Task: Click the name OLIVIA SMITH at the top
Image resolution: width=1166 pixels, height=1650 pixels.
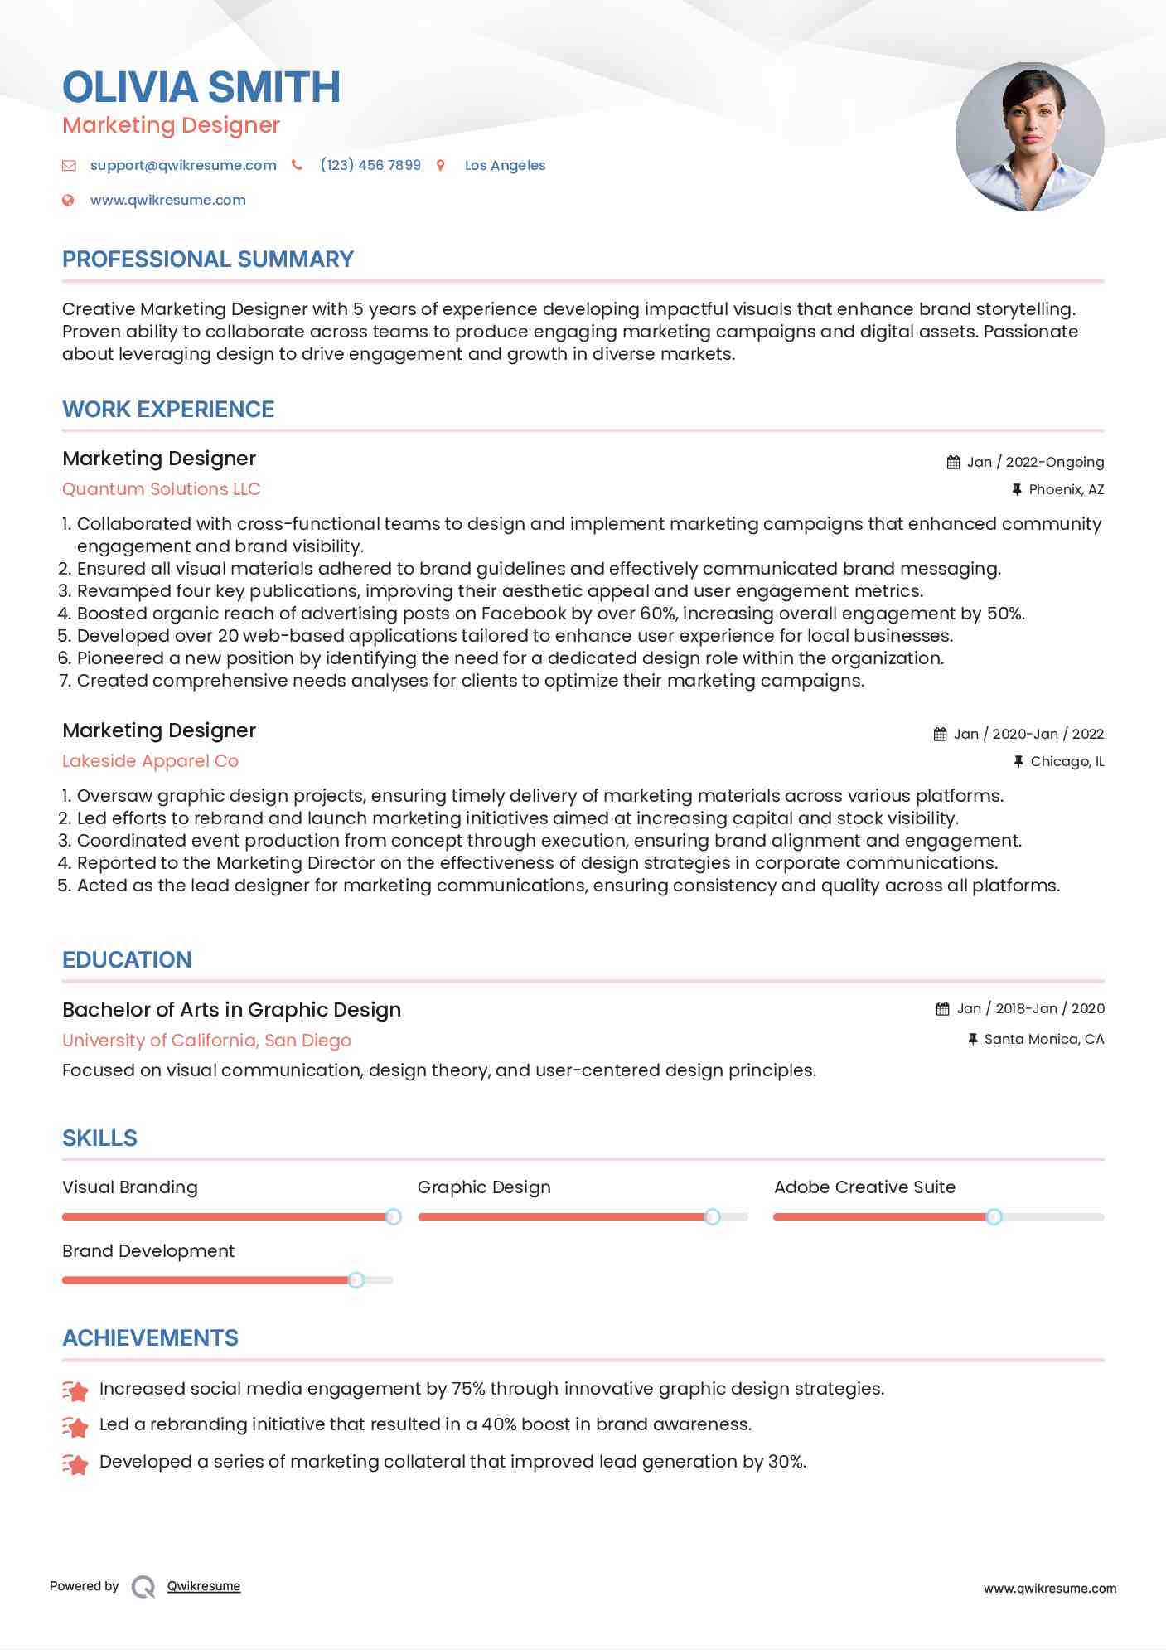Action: point(201,87)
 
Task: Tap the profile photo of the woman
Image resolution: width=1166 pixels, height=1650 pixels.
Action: point(1029,137)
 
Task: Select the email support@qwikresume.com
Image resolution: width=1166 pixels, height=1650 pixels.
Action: point(183,165)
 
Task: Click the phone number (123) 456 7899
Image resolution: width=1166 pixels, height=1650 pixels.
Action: point(370,165)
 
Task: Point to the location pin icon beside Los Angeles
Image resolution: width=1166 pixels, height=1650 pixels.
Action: point(441,165)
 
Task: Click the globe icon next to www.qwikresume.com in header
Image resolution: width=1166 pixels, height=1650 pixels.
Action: point(69,200)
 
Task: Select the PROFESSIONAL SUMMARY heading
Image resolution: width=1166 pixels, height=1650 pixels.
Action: point(208,260)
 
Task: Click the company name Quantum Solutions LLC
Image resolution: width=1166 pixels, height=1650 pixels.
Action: point(162,489)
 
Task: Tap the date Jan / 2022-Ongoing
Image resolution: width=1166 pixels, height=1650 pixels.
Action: point(1035,462)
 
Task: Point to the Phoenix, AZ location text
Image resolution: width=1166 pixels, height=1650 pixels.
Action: point(1066,489)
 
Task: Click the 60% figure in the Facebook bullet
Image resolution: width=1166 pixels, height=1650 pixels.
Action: point(658,614)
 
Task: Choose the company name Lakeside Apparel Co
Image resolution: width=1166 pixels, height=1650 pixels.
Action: point(150,761)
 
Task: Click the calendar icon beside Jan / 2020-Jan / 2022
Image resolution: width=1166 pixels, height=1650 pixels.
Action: point(940,734)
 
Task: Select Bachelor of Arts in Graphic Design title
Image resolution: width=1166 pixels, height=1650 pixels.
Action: point(231,1010)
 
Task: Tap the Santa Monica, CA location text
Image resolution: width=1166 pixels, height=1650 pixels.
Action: point(1043,1039)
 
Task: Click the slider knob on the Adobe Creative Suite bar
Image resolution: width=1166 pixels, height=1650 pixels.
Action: point(994,1216)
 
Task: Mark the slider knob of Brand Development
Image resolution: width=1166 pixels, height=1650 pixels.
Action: point(356,1280)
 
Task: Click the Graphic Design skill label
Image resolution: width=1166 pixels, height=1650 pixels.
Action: point(484,1187)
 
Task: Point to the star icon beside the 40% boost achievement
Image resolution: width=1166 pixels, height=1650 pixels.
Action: point(75,1426)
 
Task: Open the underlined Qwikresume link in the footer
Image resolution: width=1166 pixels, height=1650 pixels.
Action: point(204,1586)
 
